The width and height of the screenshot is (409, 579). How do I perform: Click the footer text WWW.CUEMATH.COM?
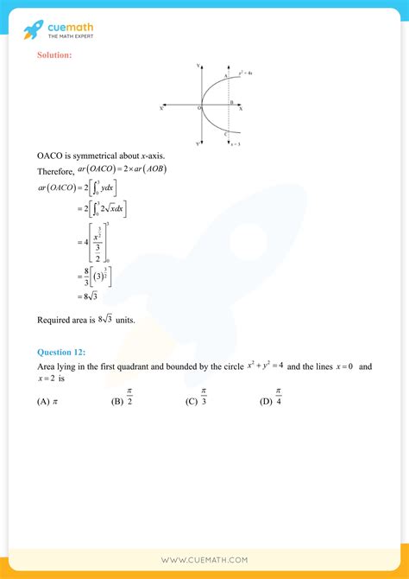pos(204,560)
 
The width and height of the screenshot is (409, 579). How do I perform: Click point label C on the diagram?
pos(224,134)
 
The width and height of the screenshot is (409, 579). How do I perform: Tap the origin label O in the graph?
pos(198,110)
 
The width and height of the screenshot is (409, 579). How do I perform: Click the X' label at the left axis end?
pos(161,108)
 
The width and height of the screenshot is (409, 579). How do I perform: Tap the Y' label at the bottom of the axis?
pos(198,143)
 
